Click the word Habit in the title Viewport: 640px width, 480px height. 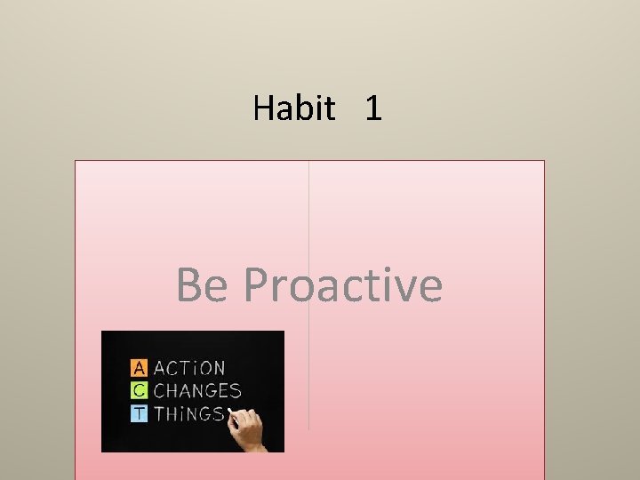pyautogui.click(x=294, y=108)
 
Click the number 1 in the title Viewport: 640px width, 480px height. pyautogui.click(x=373, y=108)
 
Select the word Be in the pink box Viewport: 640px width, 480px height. pyautogui.click(x=203, y=285)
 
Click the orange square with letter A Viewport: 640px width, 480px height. pyautogui.click(x=139, y=367)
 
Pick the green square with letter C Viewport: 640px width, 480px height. pyautogui.click(x=139, y=390)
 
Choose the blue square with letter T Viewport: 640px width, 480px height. pyautogui.click(x=139, y=413)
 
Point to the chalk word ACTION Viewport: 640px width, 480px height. pyautogui.click(x=189, y=367)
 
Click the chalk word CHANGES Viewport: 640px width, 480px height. pyautogui.click(x=197, y=390)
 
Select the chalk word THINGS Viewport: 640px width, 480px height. pyautogui.click(x=188, y=413)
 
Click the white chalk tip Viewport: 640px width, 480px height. pyautogui.click(x=230, y=412)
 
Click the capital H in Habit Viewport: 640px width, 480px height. pyautogui.click(x=263, y=108)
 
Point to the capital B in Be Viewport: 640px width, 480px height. pyautogui.click(x=190, y=285)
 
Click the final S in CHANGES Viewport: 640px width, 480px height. pyautogui.click(x=235, y=390)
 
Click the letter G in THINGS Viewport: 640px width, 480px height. pyautogui.click(x=205, y=413)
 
